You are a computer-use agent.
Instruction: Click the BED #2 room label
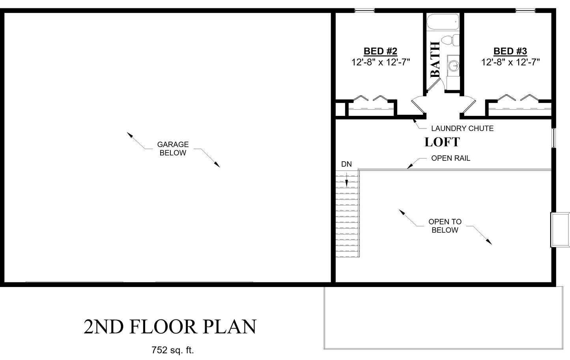pos(380,51)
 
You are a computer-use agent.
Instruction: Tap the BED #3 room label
pos(510,51)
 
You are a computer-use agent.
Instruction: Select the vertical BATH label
pos(435,60)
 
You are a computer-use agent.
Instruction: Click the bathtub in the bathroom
pos(443,22)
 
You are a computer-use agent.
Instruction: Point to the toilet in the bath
pos(450,41)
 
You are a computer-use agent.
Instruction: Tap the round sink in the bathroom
pos(453,66)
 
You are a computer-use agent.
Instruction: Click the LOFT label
pos(442,142)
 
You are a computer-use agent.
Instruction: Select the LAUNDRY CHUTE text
pos(462,129)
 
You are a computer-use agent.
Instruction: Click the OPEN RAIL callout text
pos(450,158)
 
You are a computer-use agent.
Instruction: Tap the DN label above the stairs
pos(346,164)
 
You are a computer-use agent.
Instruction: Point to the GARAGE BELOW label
pos(173,149)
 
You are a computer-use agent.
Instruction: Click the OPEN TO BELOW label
pos(445,226)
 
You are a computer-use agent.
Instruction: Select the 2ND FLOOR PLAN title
pos(170,326)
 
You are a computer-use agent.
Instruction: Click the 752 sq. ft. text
pos(173,350)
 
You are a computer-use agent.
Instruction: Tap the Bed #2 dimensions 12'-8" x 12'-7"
pos(381,62)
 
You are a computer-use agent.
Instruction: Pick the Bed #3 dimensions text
pos(510,62)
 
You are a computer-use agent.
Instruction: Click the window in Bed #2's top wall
pos(364,10)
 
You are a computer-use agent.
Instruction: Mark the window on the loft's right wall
pos(553,138)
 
